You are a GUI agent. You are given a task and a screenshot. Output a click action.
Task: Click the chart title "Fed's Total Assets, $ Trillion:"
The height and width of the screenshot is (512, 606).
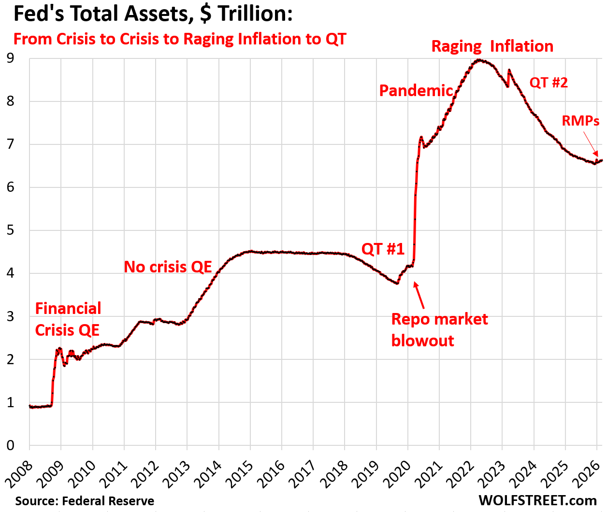[153, 14]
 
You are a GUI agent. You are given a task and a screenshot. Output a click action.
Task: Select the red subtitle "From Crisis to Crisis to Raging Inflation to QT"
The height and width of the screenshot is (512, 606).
[180, 39]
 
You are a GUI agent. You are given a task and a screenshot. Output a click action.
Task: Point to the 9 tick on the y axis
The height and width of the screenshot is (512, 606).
[10, 58]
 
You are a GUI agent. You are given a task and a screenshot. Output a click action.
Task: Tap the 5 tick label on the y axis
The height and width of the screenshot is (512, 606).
[10, 230]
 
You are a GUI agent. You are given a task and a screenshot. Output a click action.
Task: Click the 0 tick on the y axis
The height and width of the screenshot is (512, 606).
[10, 445]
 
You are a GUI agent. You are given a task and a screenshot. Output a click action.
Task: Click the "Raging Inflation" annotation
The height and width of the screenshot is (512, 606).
[492, 46]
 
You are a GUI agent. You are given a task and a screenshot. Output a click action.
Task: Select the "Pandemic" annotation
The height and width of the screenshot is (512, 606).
[416, 90]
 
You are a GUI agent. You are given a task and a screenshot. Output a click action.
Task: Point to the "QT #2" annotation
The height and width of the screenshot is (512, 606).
[548, 83]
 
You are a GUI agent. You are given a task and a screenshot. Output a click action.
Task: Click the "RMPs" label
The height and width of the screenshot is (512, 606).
[580, 121]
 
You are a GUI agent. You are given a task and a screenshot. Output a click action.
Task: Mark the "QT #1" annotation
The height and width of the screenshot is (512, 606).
[383, 249]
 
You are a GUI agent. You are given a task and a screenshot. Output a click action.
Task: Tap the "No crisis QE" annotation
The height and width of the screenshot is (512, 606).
[168, 267]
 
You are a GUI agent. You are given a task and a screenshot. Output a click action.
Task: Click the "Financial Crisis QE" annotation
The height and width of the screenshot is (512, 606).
[68, 319]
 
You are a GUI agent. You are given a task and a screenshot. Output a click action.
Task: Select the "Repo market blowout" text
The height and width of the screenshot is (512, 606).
[439, 329]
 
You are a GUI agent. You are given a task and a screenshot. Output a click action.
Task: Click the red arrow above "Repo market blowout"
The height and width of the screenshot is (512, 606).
[419, 295]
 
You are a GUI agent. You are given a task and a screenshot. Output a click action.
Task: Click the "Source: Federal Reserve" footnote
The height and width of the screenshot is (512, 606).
[85, 501]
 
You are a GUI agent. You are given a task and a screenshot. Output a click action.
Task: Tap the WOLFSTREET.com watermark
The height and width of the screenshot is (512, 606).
[537, 500]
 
